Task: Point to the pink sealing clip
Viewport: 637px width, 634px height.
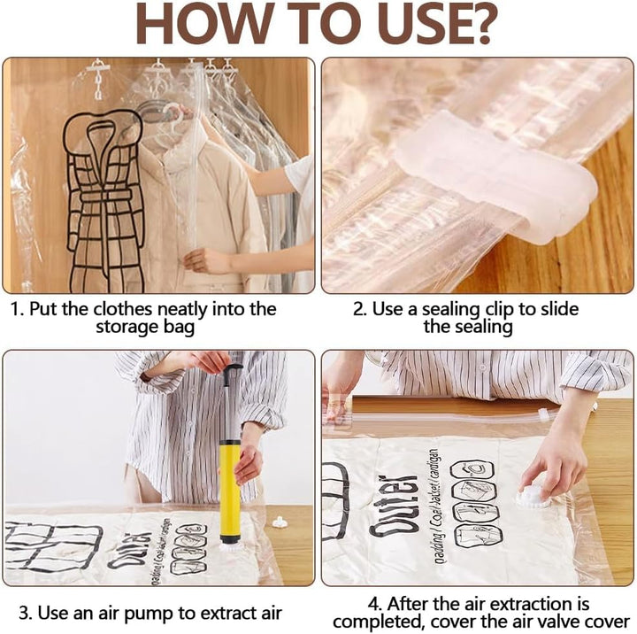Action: point(495,174)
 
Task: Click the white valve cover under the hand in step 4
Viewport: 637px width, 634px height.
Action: point(533,498)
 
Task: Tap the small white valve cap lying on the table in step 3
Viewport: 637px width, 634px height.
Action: point(279,522)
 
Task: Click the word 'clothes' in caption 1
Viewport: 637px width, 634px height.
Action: point(124,309)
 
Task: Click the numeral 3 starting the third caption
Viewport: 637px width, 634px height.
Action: point(24,613)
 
